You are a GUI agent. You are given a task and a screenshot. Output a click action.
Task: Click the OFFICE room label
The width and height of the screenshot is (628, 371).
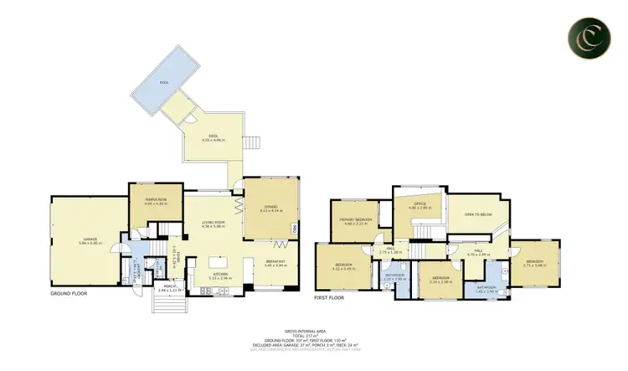point(419,204)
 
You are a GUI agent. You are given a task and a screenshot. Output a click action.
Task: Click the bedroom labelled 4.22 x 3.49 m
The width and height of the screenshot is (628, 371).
point(345,267)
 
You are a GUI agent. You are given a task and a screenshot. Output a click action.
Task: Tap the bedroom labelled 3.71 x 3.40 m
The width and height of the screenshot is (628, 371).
point(535,261)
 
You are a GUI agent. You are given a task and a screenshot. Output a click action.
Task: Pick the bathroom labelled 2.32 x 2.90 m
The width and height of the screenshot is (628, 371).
point(394,276)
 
